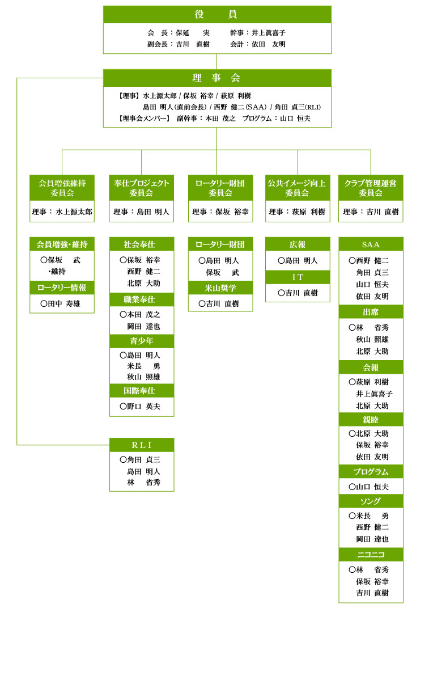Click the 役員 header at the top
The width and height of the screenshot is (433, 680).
(216, 15)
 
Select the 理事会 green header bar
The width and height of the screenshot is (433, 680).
(216, 78)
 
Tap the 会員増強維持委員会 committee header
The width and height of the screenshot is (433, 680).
(62, 188)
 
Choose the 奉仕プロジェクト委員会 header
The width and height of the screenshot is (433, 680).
(141, 188)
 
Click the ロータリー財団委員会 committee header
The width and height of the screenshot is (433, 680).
(220, 188)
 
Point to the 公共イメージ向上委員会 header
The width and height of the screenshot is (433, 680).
(297, 188)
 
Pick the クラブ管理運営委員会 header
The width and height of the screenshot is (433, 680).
(371, 188)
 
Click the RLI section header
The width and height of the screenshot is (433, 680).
(141, 445)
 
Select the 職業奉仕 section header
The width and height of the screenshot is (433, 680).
(141, 299)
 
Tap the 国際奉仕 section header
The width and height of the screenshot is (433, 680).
(141, 391)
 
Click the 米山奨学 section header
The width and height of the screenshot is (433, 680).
(220, 288)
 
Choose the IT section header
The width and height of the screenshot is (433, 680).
(297, 277)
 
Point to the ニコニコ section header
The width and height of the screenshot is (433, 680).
(371, 555)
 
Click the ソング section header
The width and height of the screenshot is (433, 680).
(371, 501)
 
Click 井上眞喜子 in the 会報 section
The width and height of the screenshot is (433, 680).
(374, 394)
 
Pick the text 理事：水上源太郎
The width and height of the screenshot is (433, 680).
(62, 212)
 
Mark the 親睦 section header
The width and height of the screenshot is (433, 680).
(371, 420)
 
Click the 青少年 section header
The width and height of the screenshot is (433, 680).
(141, 341)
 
